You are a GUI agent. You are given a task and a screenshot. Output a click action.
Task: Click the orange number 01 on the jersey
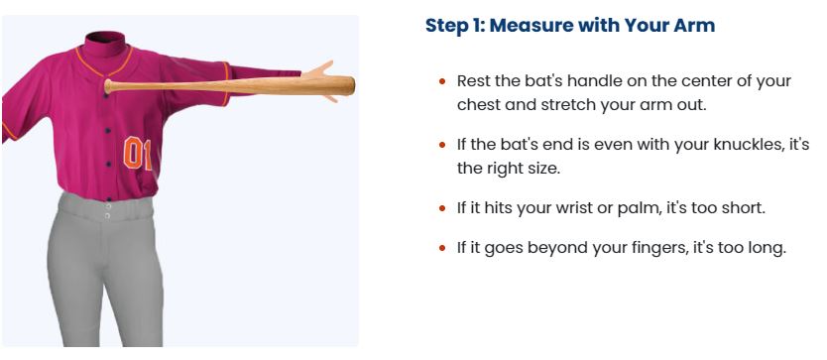click(138, 153)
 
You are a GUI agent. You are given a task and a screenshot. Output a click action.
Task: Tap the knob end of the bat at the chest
click(108, 86)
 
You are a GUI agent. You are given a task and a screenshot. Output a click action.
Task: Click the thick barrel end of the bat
click(350, 85)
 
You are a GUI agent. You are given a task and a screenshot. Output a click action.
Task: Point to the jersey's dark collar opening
click(105, 38)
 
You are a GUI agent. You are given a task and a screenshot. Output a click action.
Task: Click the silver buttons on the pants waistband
click(108, 211)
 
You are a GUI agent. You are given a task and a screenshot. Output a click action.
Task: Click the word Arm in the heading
click(696, 26)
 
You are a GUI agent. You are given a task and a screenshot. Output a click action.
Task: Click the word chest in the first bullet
click(478, 104)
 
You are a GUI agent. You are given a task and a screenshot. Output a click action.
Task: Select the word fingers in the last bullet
click(650, 248)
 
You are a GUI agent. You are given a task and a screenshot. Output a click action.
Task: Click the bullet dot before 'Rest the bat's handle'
click(442, 81)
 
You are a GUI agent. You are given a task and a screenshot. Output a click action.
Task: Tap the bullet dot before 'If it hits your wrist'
click(442, 208)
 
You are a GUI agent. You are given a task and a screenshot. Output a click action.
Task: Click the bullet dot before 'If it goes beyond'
click(442, 248)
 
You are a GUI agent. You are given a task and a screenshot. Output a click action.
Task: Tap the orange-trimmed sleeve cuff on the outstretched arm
click(227, 83)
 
